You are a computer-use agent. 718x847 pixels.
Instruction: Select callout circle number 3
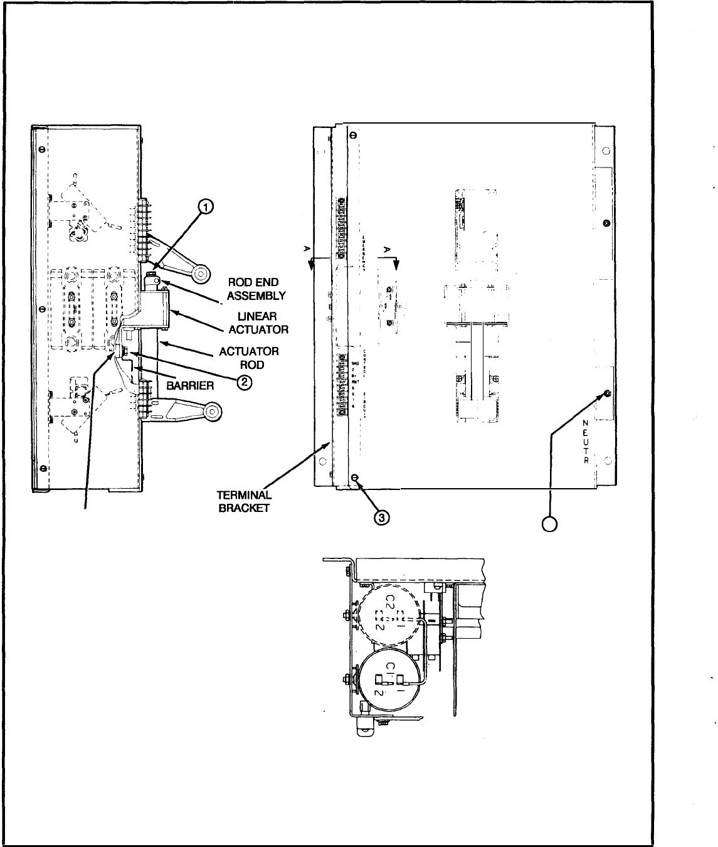382,516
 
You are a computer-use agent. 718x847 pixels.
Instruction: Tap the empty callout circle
550,522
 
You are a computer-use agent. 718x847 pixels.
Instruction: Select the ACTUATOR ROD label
249,358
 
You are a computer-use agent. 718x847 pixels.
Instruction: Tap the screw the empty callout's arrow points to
606,393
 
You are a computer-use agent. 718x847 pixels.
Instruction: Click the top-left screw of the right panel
352,135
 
